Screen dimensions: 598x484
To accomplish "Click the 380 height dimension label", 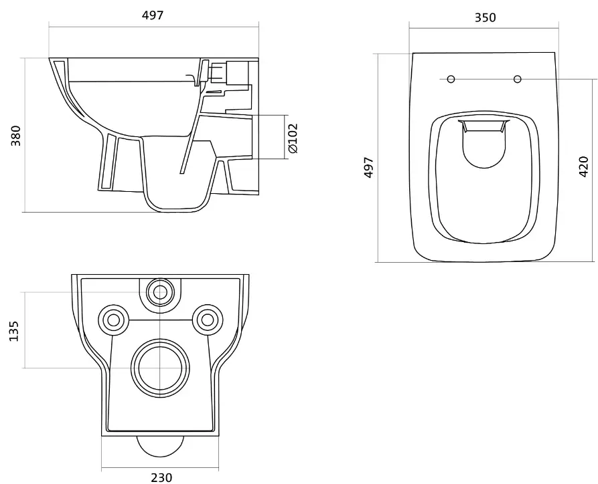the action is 15,135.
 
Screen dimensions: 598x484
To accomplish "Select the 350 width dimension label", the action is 485,17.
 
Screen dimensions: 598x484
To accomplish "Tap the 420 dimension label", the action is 583,166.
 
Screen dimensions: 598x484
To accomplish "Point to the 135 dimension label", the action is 13,331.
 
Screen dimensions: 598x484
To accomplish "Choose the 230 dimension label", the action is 161,477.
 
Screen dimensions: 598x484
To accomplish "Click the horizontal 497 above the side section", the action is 153,15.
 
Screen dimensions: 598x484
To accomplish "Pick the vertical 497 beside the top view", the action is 369,166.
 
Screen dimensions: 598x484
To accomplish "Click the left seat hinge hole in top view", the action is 451,79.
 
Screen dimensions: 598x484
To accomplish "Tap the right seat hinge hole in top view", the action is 518,79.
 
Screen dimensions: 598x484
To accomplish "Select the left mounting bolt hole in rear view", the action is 113,320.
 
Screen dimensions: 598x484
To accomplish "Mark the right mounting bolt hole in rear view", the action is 208,320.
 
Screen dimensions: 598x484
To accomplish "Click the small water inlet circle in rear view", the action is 160,292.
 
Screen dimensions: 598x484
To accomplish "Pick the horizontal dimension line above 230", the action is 160,469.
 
